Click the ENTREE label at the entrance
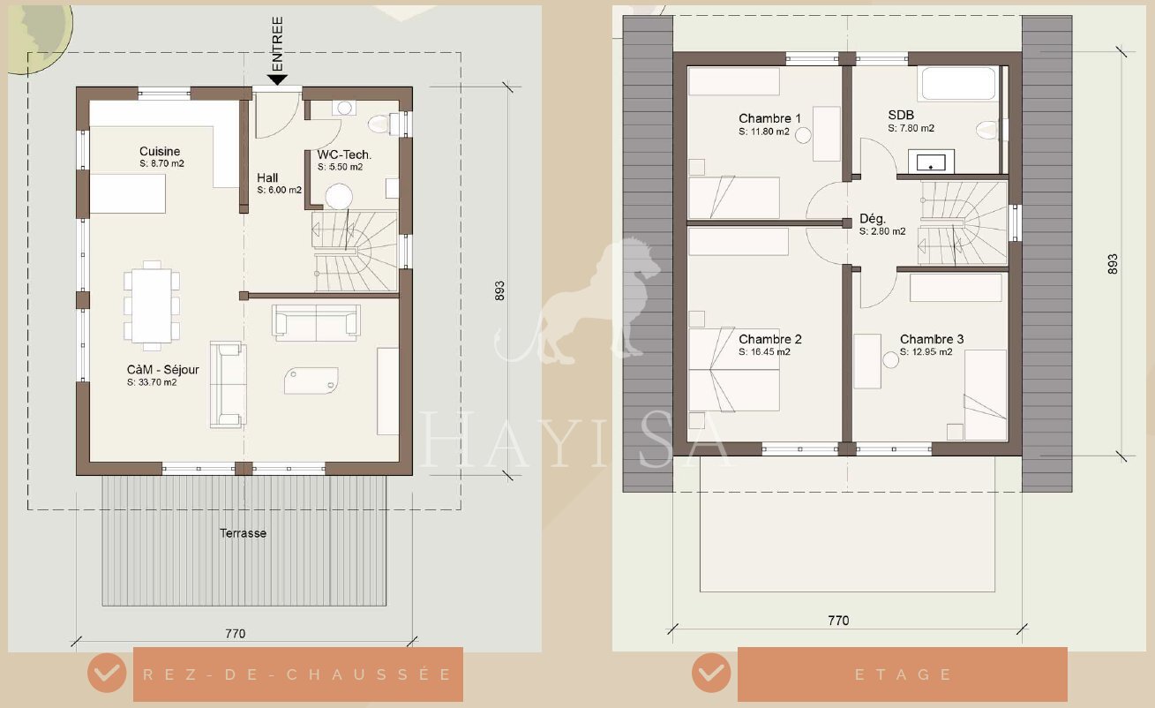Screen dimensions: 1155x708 (x=277, y=44)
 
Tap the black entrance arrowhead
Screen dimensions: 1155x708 (x=277, y=80)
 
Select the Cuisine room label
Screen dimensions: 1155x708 (x=160, y=151)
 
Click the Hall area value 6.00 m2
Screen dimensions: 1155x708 (x=280, y=190)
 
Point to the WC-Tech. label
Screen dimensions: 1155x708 (x=344, y=154)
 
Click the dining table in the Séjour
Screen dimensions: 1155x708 (x=152, y=305)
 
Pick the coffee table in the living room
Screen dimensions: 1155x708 (x=311, y=380)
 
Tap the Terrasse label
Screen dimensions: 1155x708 (x=243, y=533)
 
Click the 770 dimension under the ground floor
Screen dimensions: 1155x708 (x=235, y=634)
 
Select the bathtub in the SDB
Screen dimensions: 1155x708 (x=958, y=83)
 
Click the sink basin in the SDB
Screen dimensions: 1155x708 (x=931, y=162)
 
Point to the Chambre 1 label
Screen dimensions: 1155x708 (x=769, y=118)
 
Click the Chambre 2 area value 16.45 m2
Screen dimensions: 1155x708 (x=764, y=352)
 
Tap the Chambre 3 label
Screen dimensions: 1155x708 (x=932, y=339)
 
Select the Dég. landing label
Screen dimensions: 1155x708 (x=873, y=218)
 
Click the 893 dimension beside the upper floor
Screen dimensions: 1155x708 (x=1113, y=264)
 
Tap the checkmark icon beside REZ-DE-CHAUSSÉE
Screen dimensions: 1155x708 (x=107, y=673)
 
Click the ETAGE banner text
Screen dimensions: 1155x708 (x=903, y=674)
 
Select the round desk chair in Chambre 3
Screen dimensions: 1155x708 (x=890, y=359)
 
